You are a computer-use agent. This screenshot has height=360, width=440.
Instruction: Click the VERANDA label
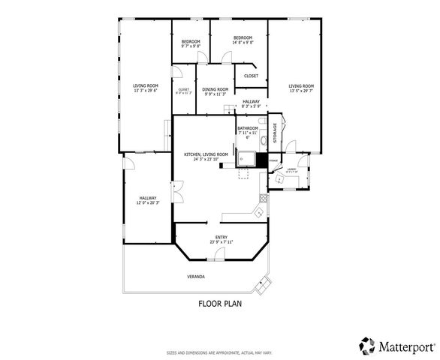coord(196,277)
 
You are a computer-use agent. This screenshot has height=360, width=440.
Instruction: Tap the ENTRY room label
coord(222,238)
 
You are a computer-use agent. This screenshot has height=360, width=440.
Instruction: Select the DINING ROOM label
coord(215,89)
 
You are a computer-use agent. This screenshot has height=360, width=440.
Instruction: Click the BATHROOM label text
coord(248,128)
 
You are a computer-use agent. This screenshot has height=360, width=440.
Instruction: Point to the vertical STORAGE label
coord(275,133)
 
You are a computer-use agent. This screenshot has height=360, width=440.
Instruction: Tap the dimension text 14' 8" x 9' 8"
coord(242,43)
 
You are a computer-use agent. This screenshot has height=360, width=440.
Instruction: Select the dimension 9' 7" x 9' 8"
coord(191,46)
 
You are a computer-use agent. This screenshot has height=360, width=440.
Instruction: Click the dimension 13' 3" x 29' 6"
coord(146,91)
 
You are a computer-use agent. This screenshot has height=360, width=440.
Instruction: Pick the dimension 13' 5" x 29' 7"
coord(301,91)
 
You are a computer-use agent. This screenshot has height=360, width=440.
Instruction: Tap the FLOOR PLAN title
coord(220,304)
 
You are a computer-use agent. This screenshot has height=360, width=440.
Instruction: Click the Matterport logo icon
coord(367,345)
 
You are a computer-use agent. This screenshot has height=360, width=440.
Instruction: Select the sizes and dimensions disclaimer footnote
coord(220,352)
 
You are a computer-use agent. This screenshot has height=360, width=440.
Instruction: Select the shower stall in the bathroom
coord(246,158)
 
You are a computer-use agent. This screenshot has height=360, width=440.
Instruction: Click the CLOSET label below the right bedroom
coord(251,76)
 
